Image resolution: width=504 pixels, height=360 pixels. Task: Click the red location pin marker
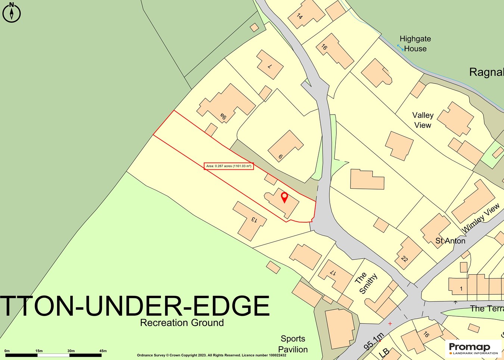click(284, 197)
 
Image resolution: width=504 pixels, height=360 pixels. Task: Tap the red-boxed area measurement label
click(229, 166)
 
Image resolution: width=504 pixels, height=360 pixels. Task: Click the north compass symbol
click(12, 13)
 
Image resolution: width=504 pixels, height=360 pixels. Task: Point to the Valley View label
click(423, 120)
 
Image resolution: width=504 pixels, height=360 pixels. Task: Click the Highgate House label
click(415, 44)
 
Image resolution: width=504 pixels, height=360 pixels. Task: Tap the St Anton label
click(450, 241)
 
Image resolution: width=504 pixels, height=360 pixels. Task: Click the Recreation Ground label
click(182, 323)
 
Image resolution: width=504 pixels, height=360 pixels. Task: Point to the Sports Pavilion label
click(293, 344)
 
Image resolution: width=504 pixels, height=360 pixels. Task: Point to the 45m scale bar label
click(103, 351)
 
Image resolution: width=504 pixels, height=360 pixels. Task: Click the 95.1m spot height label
click(374, 341)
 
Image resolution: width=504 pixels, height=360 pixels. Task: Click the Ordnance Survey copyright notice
click(212, 355)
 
